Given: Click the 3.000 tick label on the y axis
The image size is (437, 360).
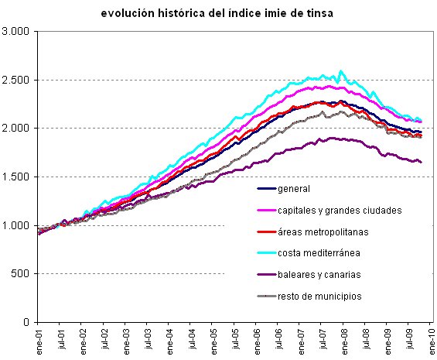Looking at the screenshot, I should coord(15,31).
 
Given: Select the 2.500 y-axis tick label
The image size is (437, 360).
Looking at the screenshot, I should coord(15,80).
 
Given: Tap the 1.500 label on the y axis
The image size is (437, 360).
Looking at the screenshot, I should coord(15,177).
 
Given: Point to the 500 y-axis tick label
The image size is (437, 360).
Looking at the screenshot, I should coord(20,273).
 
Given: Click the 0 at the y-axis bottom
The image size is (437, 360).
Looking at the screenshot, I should coord(26,322).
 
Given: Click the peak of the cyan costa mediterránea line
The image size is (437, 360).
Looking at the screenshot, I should coord(341,71).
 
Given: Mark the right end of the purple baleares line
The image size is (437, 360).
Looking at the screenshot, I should coord(421,162).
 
